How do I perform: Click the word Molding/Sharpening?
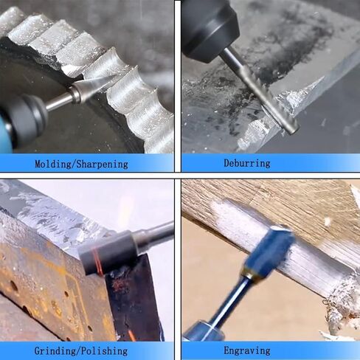(81, 164)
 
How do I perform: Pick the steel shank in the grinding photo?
(155, 235)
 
